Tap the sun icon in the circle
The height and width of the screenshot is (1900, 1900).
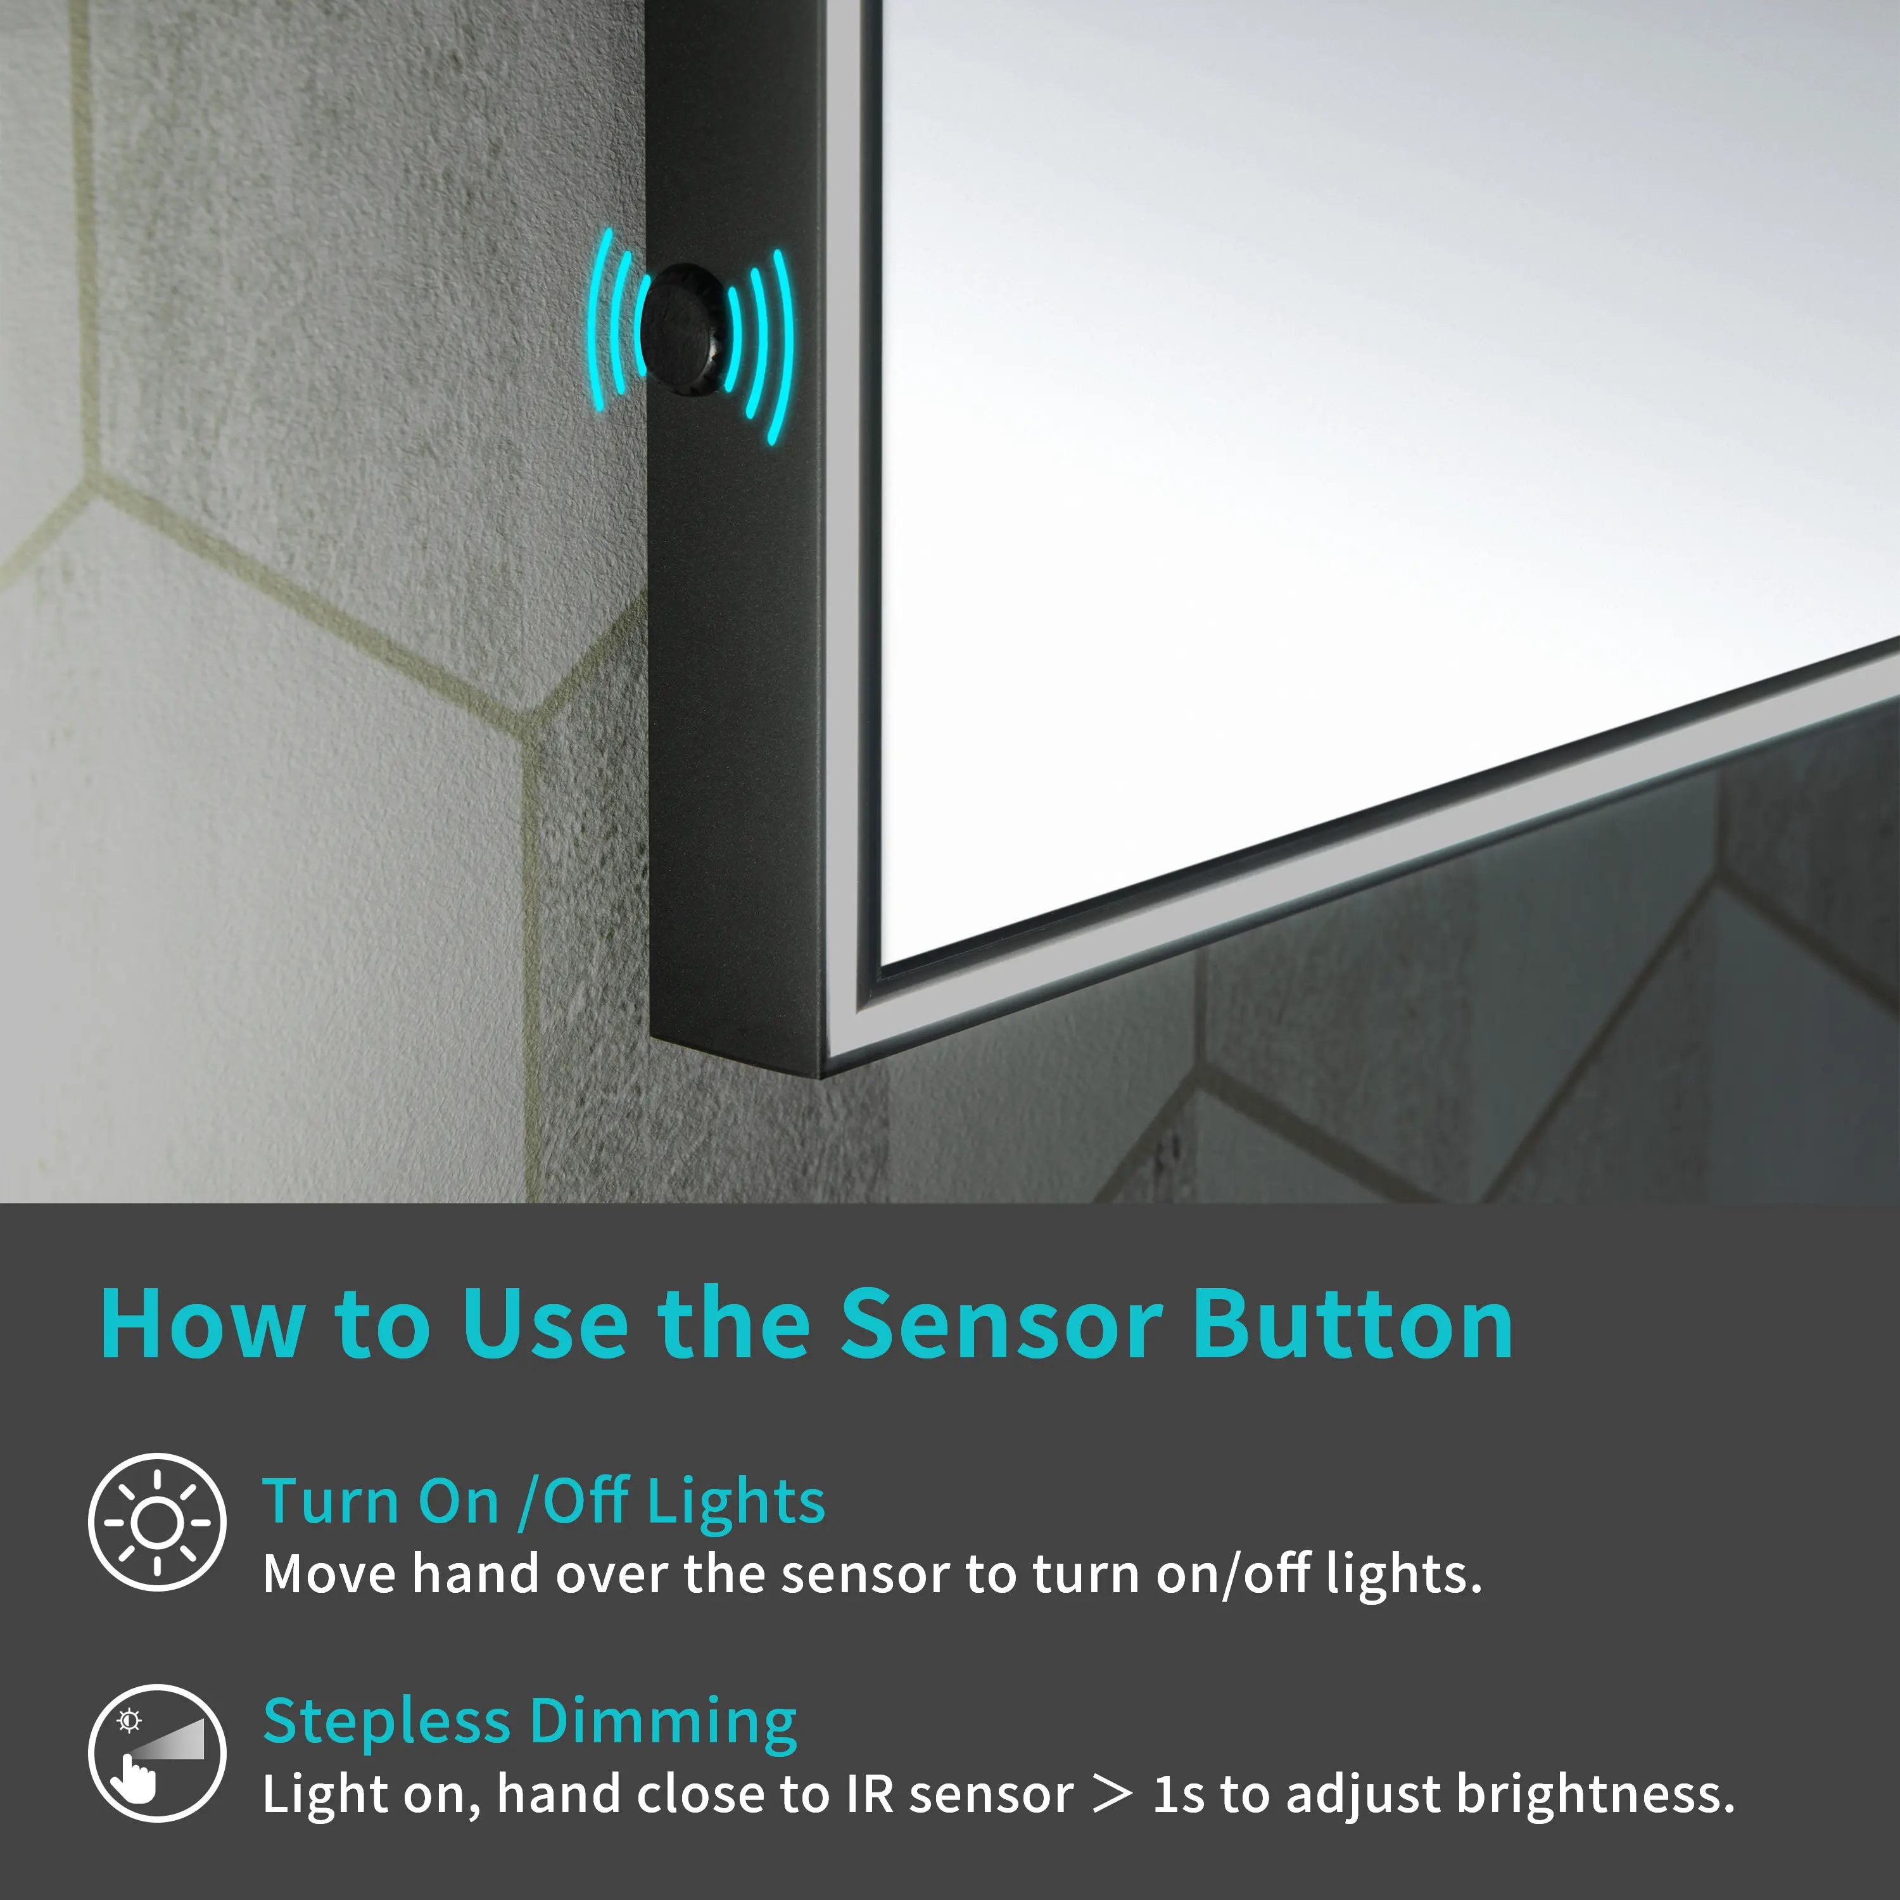pyautogui.click(x=157, y=1523)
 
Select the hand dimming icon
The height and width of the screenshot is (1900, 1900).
pyautogui.click(x=157, y=1754)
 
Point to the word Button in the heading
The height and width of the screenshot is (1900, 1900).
pyautogui.click(x=1353, y=1325)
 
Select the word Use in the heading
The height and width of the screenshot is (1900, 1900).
pyautogui.click(x=545, y=1325)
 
